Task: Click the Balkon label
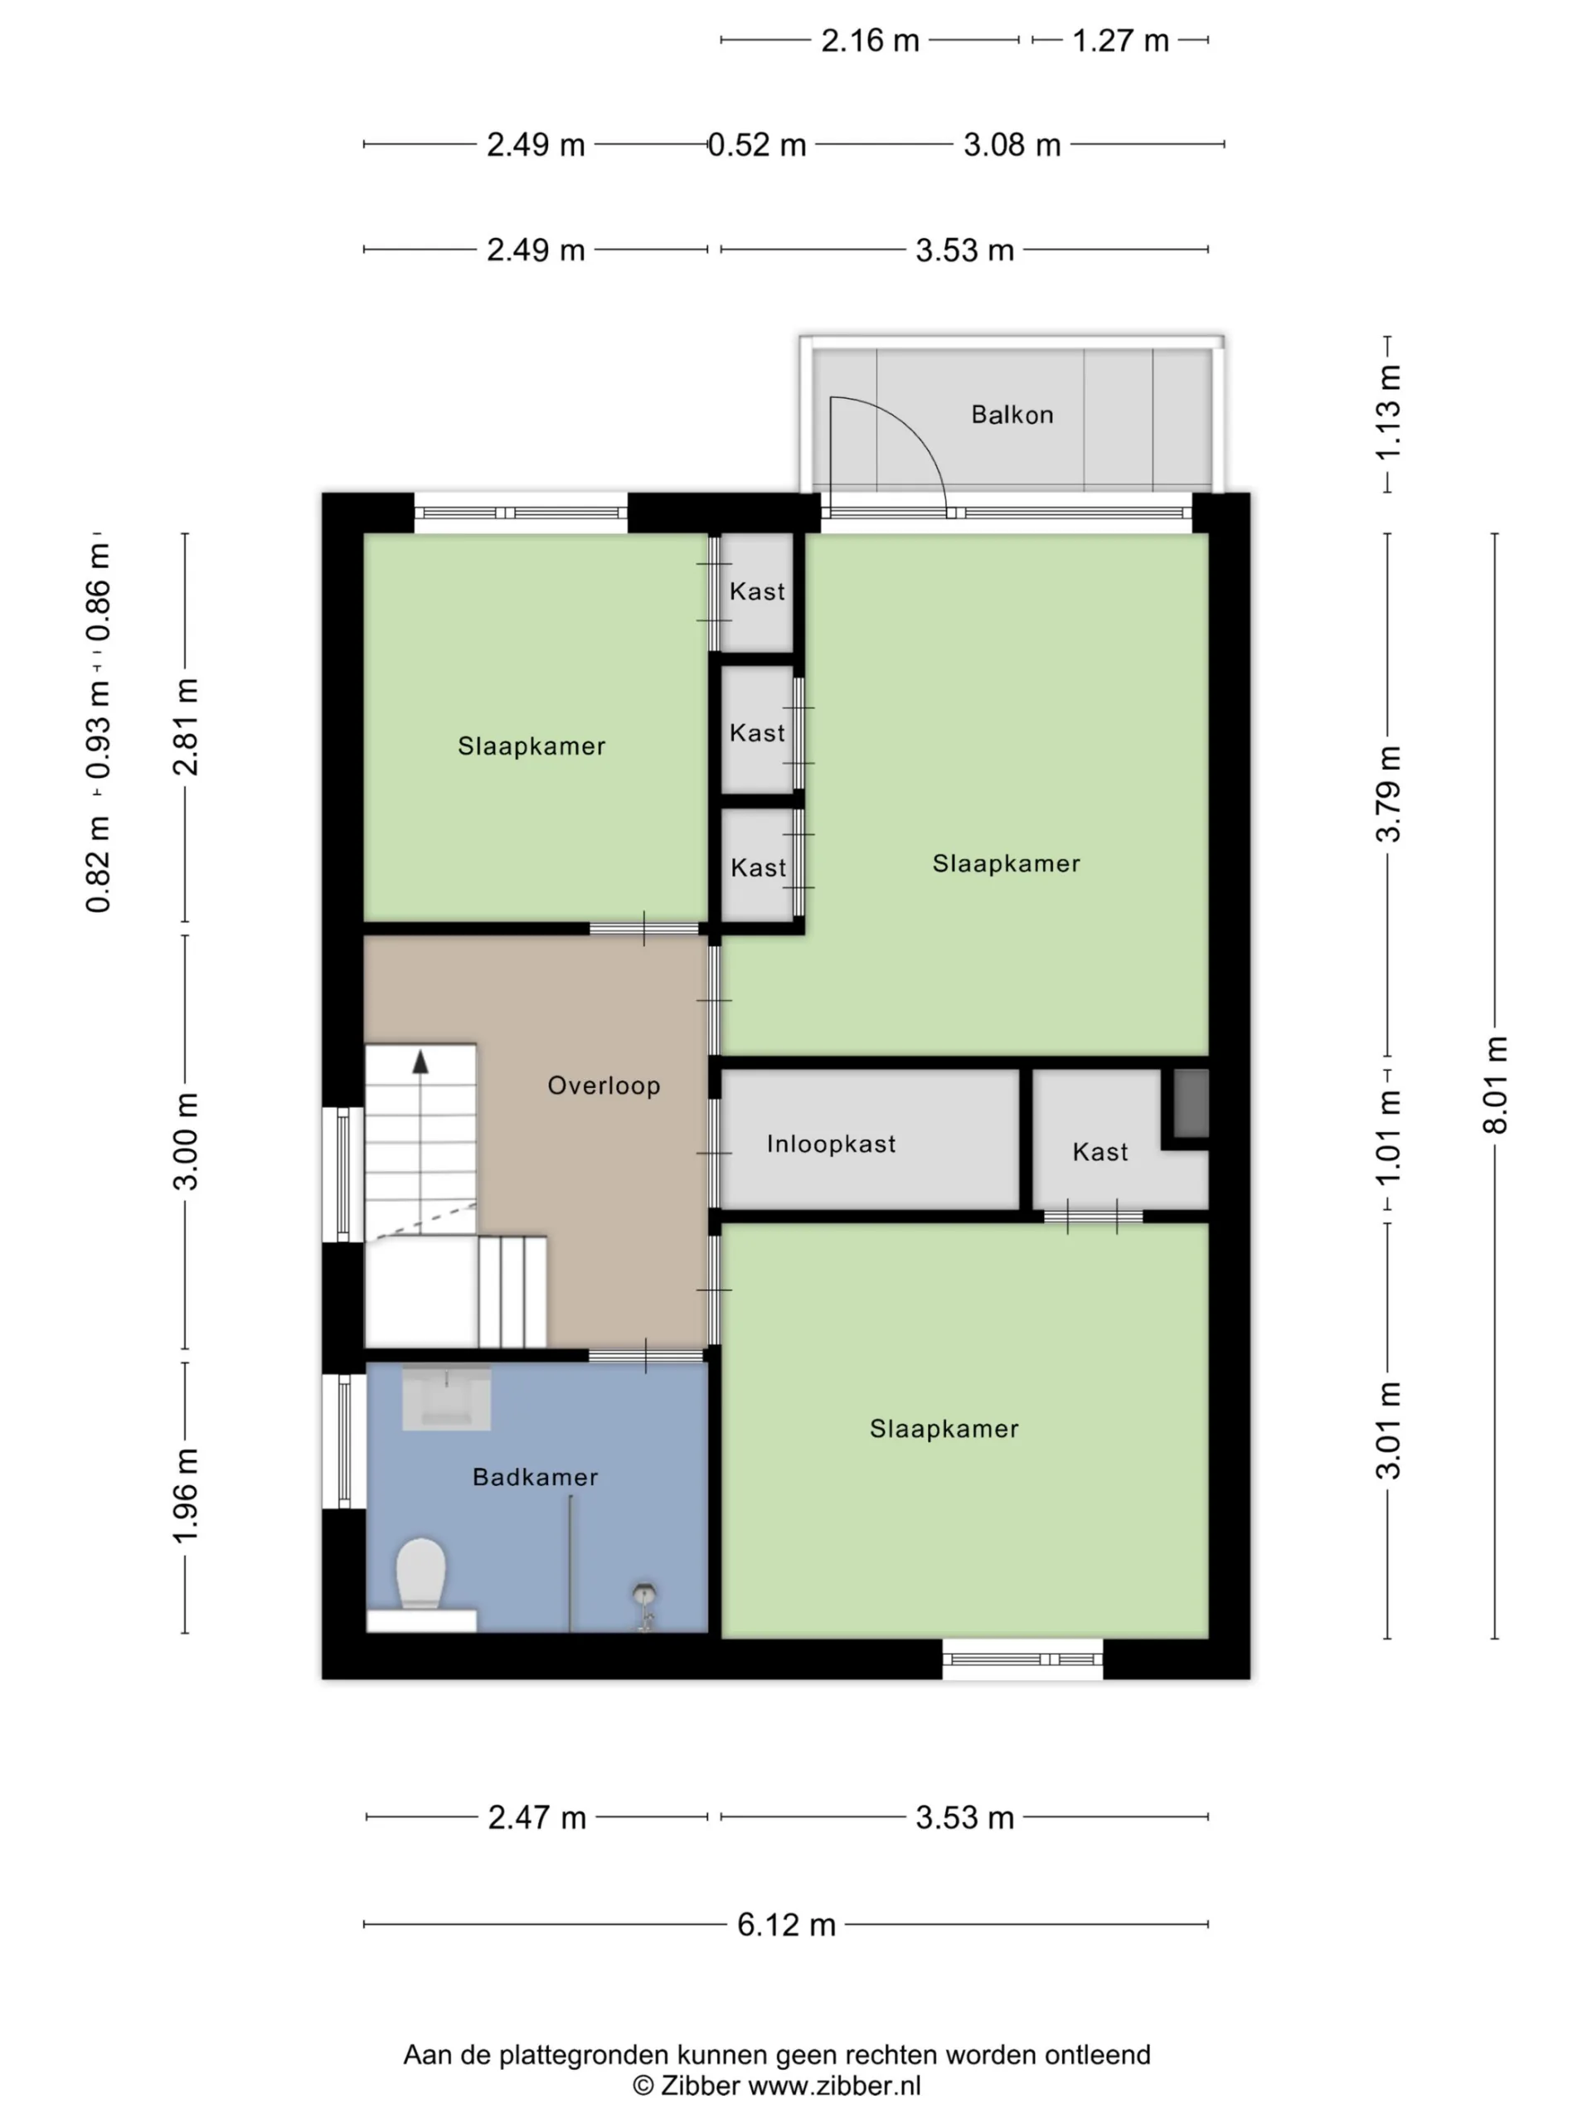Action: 1012,415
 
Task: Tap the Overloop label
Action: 604,1086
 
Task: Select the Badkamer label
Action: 536,1477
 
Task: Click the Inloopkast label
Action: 831,1143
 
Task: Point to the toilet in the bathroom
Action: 421,1574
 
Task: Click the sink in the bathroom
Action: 446,1397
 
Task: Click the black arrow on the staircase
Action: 420,1061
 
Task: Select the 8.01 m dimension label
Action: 1494,1086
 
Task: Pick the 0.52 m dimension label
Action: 757,145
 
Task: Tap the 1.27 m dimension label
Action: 1120,41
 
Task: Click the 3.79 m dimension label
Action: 1387,794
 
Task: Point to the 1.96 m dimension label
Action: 184,1496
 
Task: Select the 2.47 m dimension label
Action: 536,1817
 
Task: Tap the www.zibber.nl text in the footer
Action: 834,2087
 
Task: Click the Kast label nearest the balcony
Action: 757,591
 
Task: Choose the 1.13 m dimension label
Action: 1387,414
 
